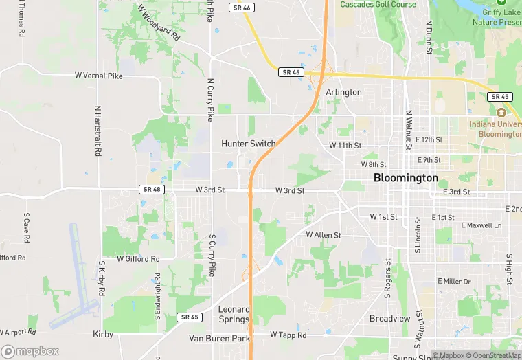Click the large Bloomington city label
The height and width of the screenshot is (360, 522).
[405, 177]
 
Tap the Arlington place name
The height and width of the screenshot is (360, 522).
[344, 92]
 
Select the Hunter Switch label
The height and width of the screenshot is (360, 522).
[248, 144]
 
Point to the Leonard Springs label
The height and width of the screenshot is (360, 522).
[234, 314]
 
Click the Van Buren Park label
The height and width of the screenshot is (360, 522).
[219, 339]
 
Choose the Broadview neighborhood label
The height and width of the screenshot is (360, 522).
[390, 319]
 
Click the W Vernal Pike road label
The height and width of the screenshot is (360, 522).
[98, 76]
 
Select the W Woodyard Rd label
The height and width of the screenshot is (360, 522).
[157, 23]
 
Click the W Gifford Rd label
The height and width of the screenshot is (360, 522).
[137, 259]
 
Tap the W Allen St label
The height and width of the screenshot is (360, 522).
[323, 235]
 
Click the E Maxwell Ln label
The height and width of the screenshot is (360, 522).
[481, 225]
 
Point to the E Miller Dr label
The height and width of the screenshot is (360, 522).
[454, 282]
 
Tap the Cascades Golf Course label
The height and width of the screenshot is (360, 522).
[378, 4]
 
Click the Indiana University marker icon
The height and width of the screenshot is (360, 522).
[501, 112]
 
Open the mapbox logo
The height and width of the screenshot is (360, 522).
[30, 351]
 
